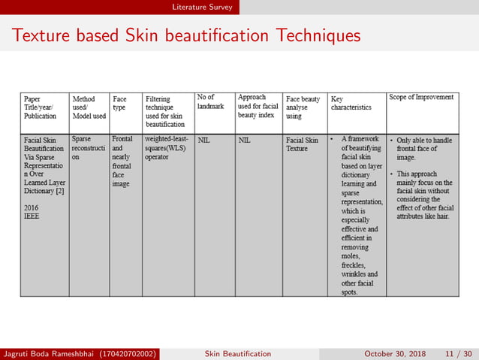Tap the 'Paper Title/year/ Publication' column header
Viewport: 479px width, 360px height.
[41, 107]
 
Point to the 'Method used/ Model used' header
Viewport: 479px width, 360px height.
[89, 107]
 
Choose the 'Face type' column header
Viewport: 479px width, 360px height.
[119, 103]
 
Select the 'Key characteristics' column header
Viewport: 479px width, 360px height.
[351, 103]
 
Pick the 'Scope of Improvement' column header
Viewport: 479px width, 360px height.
[421, 97]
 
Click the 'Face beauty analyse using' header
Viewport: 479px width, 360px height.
[303, 107]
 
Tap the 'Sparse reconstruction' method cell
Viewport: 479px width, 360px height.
[89, 148]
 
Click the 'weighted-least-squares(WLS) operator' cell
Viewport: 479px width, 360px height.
[166, 148]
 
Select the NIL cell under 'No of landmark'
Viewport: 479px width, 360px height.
[203, 140]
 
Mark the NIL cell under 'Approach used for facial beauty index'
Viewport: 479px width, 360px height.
[244, 140]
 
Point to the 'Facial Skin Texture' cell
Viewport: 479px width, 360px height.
[302, 144]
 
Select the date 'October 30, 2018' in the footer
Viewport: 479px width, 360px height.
[395, 353]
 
